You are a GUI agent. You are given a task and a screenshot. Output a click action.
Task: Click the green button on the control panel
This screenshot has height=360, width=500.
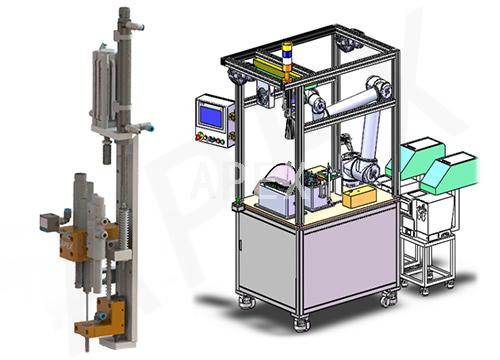click(x=219, y=141)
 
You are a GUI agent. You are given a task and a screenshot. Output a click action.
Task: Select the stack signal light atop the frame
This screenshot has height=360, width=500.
click(x=286, y=61)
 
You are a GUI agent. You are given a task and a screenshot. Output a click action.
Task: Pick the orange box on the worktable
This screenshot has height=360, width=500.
click(x=359, y=196)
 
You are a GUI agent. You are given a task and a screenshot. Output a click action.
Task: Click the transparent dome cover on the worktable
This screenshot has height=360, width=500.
click(x=279, y=180)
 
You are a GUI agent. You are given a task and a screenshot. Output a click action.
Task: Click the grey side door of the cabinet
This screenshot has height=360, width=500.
click(x=267, y=257)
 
